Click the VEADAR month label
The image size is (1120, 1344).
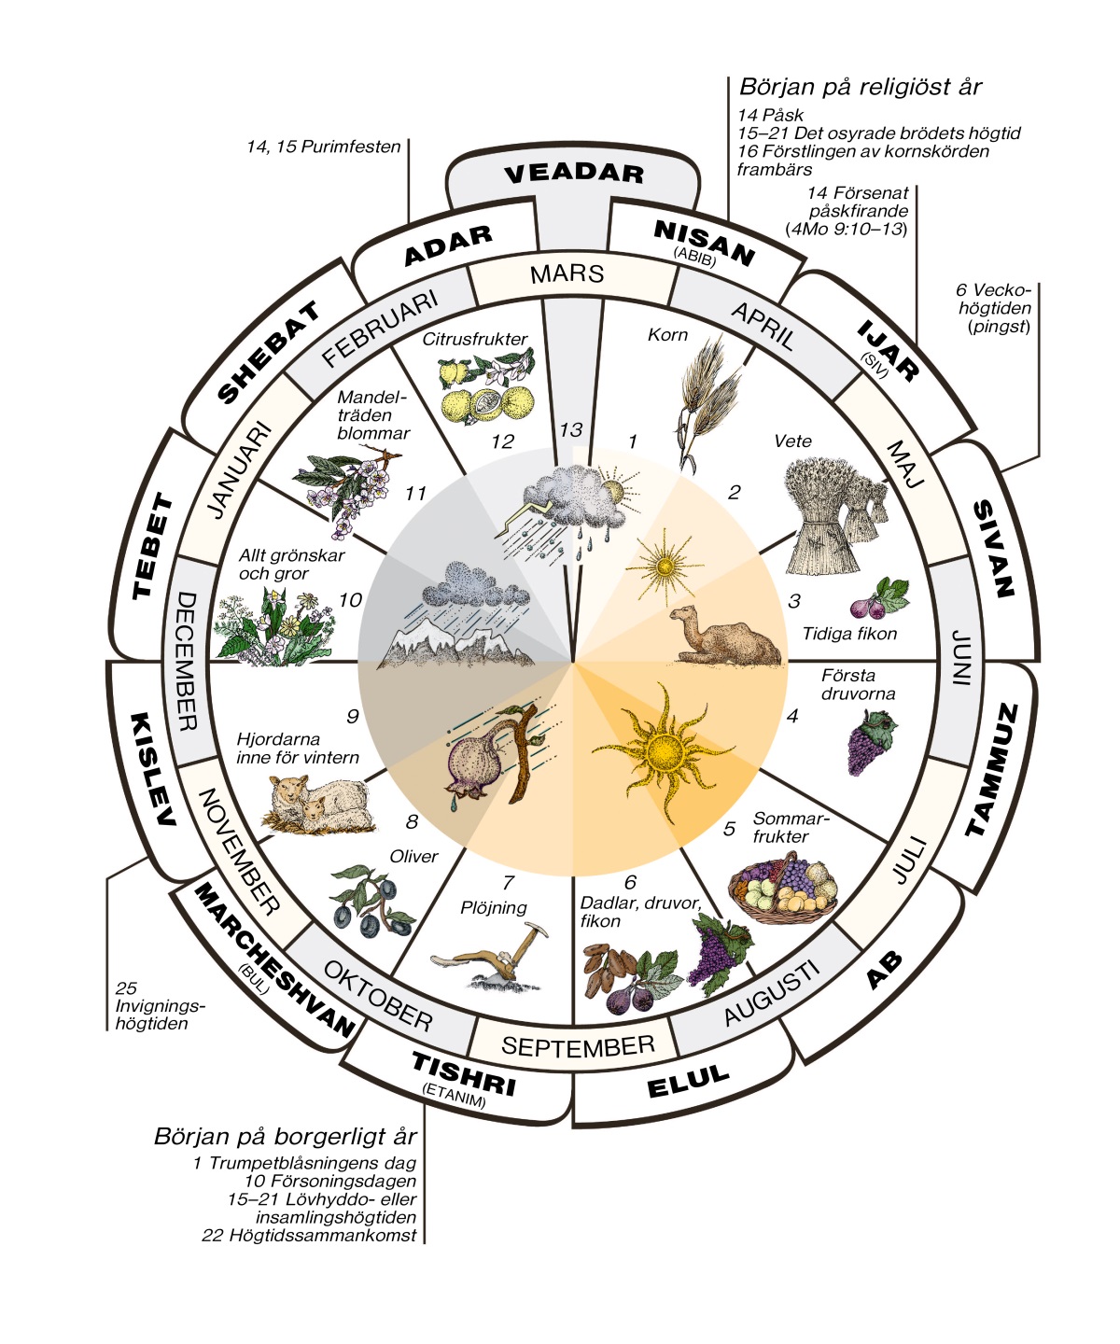click(573, 174)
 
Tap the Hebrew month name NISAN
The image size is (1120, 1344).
click(704, 243)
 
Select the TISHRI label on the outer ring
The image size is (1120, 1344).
click(464, 1074)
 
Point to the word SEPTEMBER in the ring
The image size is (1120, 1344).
click(578, 1046)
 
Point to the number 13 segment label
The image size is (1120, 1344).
click(570, 429)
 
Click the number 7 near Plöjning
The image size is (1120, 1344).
click(509, 882)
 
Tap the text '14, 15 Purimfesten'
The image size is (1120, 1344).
click(324, 147)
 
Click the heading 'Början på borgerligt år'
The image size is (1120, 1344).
click(286, 1137)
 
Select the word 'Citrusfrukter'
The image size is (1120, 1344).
click(474, 339)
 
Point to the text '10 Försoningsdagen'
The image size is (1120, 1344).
click(330, 1182)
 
